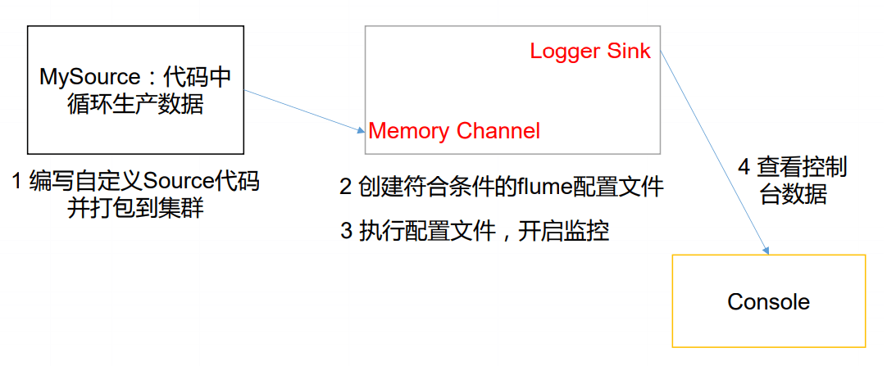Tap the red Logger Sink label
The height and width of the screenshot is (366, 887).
[x=590, y=52]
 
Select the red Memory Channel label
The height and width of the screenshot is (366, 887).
[x=454, y=131]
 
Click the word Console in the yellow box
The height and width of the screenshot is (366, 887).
[x=768, y=302]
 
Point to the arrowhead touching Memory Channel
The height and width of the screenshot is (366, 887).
[x=361, y=130]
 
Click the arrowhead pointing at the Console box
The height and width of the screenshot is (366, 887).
[x=767, y=249]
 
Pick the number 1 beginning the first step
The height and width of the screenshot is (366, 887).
[x=17, y=182]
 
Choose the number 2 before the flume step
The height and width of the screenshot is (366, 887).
[x=345, y=187]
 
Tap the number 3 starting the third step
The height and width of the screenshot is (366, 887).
[x=345, y=232]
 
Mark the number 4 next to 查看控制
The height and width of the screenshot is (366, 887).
[x=744, y=168]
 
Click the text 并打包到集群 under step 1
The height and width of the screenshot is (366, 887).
[x=135, y=209]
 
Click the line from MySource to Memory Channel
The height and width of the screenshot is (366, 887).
[x=303, y=111]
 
